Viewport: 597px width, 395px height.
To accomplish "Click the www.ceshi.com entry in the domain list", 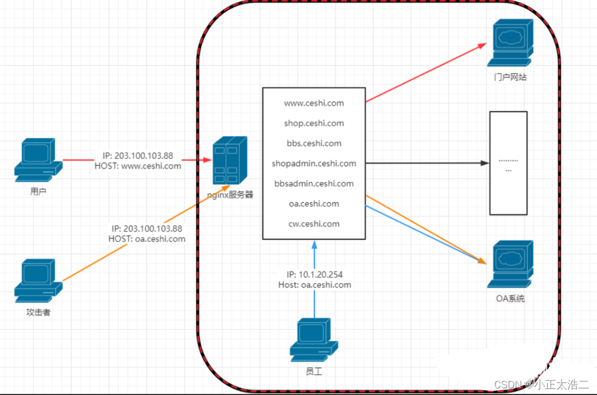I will click(x=314, y=103).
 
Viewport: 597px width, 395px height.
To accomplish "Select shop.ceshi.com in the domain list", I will click(x=314, y=123).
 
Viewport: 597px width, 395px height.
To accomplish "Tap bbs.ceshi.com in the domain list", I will click(x=314, y=143).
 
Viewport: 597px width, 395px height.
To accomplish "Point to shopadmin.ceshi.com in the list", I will click(x=314, y=164).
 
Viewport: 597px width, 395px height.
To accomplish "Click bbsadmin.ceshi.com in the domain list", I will click(x=314, y=183).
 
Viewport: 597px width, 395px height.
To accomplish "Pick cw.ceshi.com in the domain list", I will click(x=314, y=224).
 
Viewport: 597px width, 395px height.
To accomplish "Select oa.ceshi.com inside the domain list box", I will click(x=314, y=204).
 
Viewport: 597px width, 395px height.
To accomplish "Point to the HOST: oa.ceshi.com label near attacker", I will click(x=146, y=239).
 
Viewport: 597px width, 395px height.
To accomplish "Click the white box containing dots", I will click(x=508, y=163).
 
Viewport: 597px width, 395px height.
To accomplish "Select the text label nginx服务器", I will click(x=230, y=195).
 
